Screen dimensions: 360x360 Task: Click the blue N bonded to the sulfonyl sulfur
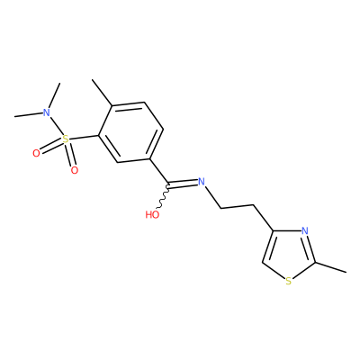click(x=46, y=112)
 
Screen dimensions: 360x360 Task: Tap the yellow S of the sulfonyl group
click(x=65, y=139)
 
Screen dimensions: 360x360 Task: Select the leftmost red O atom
click(x=36, y=154)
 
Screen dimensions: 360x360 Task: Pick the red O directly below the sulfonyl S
click(x=74, y=170)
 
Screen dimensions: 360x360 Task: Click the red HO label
click(x=152, y=214)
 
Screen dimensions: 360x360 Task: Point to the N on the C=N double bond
click(x=202, y=182)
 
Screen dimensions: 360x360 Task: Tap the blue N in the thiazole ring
click(x=305, y=230)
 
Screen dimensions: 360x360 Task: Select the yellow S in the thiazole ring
click(x=288, y=282)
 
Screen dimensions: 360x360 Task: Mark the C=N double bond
click(x=183, y=184)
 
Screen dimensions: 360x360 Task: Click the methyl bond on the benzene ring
click(x=102, y=93)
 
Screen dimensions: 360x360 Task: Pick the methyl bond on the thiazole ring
click(x=330, y=267)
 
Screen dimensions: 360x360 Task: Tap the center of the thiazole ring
click(x=288, y=254)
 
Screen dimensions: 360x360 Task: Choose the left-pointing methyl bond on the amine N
click(x=28, y=114)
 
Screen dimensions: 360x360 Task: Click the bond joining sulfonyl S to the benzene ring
click(x=84, y=138)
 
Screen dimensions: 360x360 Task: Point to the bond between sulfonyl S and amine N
click(x=57, y=127)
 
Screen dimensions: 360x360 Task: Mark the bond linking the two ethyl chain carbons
click(x=238, y=207)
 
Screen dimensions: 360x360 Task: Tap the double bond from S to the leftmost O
click(x=51, y=147)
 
